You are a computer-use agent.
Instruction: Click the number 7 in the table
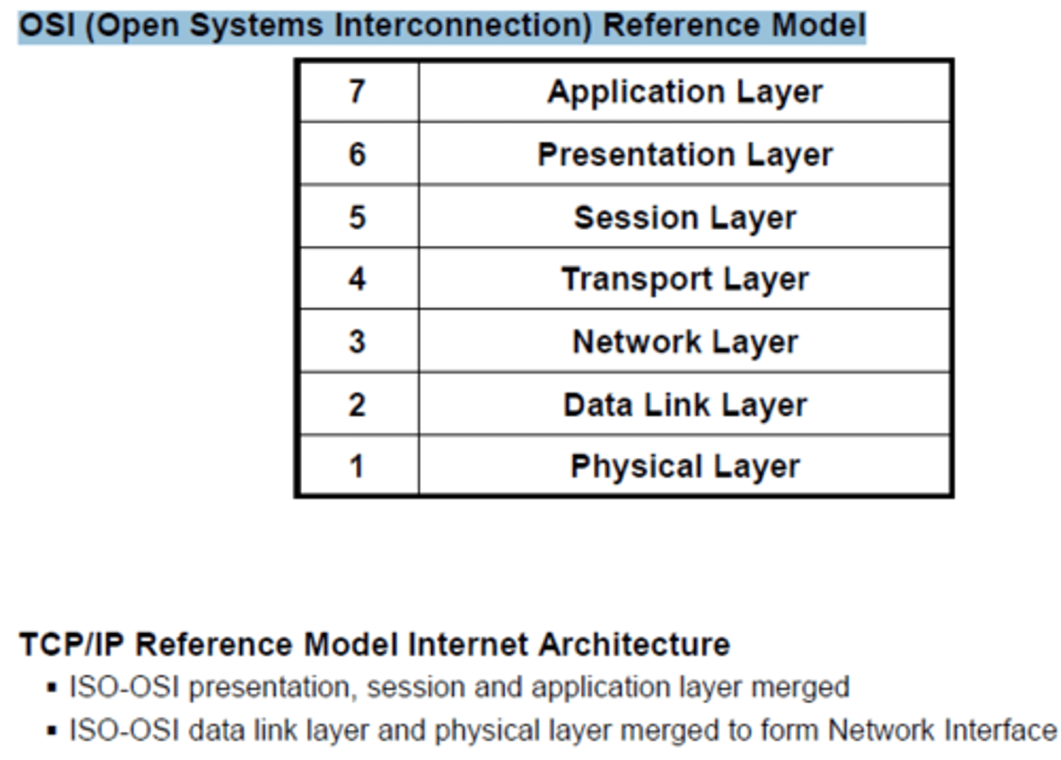357,91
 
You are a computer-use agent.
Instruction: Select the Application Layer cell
684,92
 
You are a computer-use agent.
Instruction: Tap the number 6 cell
357,154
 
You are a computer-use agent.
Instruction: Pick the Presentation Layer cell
684,155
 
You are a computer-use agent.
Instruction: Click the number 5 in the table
357,217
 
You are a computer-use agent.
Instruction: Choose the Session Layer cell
684,217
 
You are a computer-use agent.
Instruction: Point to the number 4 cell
357,279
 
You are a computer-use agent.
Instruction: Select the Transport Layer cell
684,279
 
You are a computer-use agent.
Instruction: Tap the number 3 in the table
357,341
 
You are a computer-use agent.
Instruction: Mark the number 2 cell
357,404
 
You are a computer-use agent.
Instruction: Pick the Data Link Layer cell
684,405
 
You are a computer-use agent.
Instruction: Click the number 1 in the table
357,466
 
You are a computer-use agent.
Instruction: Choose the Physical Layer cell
684,467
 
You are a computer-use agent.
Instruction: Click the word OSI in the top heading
46,26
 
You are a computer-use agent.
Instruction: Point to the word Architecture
634,644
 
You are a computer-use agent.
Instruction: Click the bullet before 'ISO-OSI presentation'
51,688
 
